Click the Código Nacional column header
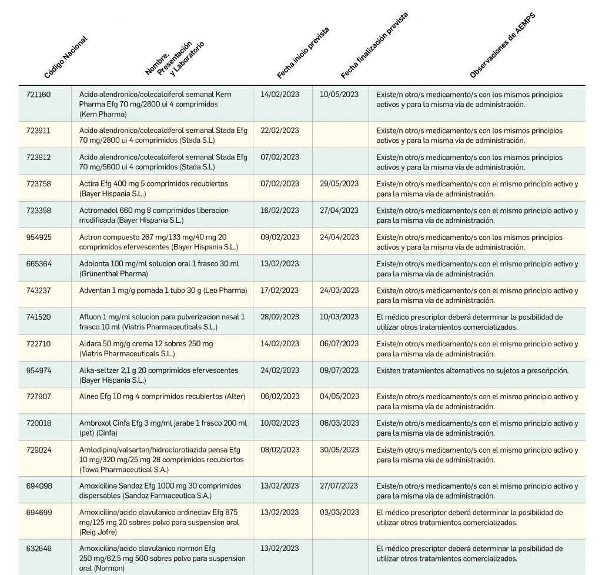tap(65, 58)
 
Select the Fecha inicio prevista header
tap(303, 53)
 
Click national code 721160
tap(39, 94)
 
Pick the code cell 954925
tap(39, 238)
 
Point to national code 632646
tap(39, 549)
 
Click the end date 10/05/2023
tap(339, 94)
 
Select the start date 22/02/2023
tap(279, 131)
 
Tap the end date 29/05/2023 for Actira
tap(339, 184)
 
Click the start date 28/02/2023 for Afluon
tap(279, 317)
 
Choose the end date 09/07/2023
tap(339, 370)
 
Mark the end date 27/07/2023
tap(339, 486)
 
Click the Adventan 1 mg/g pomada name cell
tap(163, 290)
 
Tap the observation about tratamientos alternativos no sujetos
tap(472, 370)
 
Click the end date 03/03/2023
tap(339, 513)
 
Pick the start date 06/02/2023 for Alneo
tap(279, 397)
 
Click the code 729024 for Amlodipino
tap(39, 450)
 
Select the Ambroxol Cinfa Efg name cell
tap(163, 428)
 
